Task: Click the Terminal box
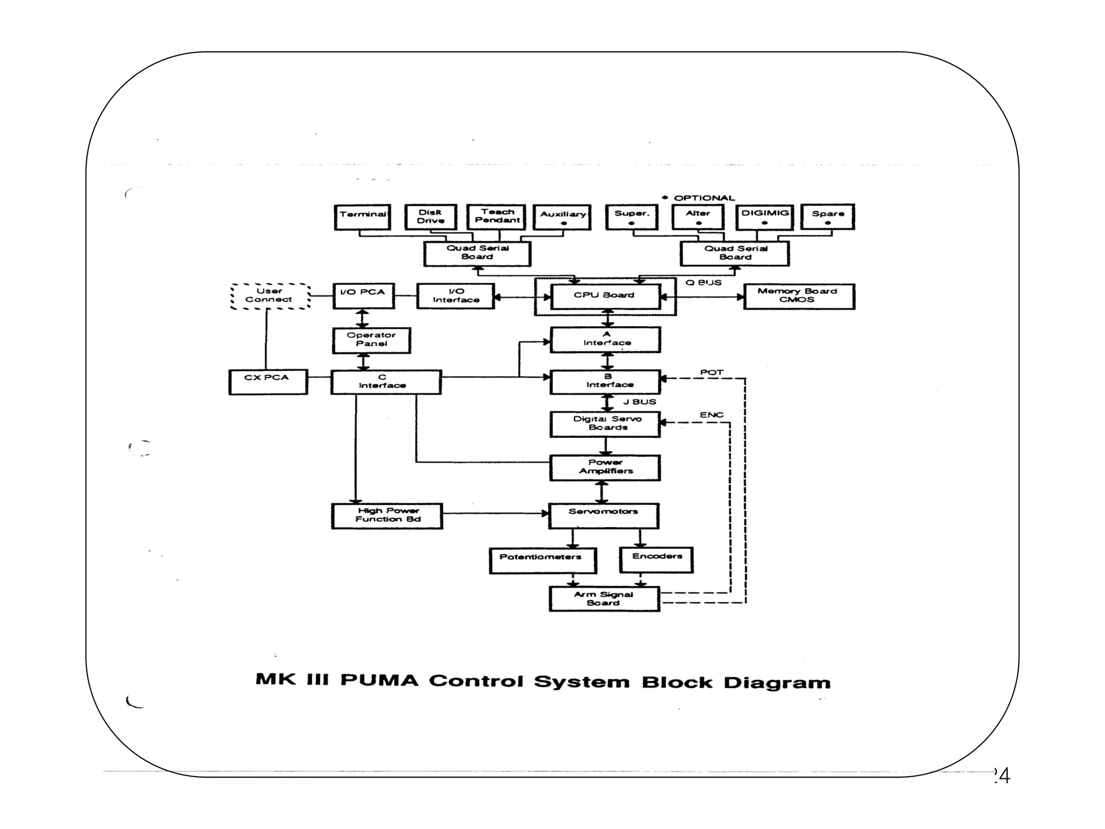[x=362, y=217]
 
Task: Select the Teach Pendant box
[x=496, y=216]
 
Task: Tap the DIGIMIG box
[x=765, y=216]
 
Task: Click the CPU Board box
[x=605, y=296]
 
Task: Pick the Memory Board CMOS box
[x=799, y=296]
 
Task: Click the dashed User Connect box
[x=270, y=296]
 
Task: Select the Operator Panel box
[x=371, y=340]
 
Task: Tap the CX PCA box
[x=268, y=381]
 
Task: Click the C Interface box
[x=385, y=382]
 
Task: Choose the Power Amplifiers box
[x=605, y=467]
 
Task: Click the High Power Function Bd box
[x=387, y=515]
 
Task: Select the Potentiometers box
[x=542, y=560]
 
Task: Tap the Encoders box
[x=656, y=560]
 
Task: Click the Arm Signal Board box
[x=604, y=599]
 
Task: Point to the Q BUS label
[x=703, y=283]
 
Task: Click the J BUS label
[x=639, y=402]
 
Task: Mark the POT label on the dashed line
[x=711, y=372]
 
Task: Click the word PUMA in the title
[x=379, y=680]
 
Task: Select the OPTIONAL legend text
[x=704, y=198]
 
